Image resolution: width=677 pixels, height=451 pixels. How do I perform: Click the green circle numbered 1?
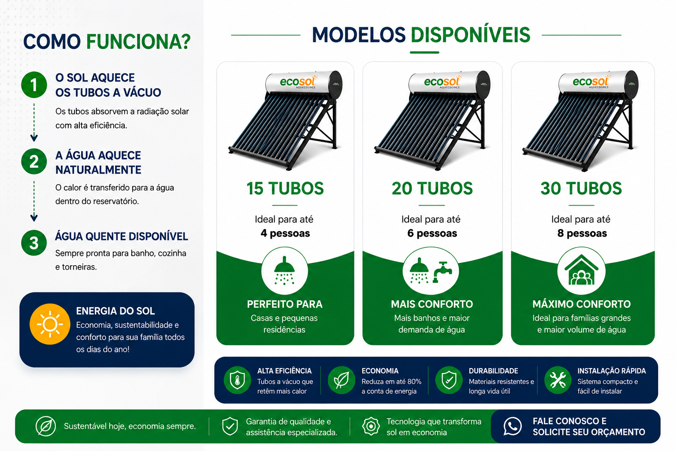click(34, 85)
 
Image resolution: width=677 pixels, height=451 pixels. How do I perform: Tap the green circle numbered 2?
click(34, 161)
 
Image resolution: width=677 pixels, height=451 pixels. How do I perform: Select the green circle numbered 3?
click(34, 243)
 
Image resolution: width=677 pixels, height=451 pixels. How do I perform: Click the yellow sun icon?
click(50, 324)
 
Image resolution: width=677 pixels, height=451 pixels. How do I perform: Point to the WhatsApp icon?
click(512, 426)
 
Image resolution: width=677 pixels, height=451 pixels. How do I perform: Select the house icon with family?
click(581, 270)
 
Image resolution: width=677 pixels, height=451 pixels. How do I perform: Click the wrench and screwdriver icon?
click(558, 380)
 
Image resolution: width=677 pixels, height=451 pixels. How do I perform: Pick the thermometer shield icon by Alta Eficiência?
click(237, 380)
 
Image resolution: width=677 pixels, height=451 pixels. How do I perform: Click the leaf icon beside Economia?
click(342, 380)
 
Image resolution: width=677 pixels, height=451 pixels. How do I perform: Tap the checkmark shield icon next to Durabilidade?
click(449, 380)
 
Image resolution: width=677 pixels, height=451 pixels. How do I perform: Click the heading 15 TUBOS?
click(285, 189)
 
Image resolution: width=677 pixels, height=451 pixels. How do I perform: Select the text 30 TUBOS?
click(581, 189)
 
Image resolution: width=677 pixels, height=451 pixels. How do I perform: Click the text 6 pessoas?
click(432, 233)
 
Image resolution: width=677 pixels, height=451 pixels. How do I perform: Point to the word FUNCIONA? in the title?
click(138, 42)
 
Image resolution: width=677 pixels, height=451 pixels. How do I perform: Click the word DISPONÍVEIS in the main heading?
click(470, 35)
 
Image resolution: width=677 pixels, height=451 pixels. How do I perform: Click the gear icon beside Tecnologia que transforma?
click(371, 426)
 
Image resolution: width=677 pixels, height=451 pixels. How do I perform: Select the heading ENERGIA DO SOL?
click(115, 311)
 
